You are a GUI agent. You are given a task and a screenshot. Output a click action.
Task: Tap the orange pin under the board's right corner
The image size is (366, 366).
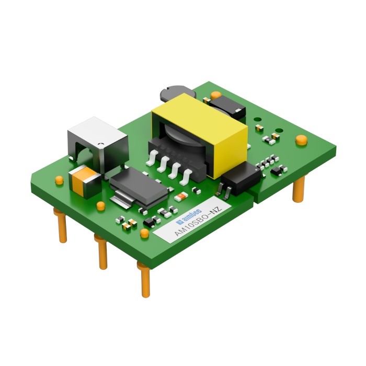point(299,189)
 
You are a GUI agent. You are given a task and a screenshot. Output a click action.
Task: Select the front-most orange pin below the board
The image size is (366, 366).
point(144,280)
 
